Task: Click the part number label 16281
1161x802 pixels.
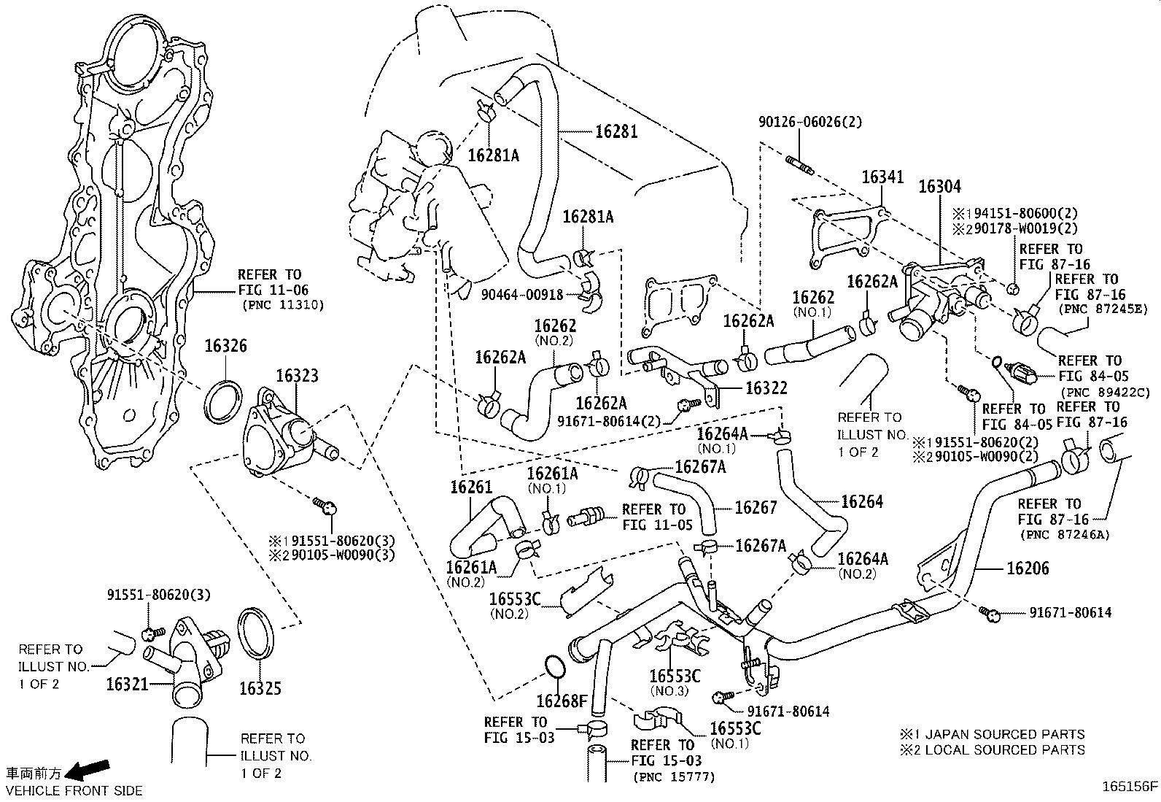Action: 616,131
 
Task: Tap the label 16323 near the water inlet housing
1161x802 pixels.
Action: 297,376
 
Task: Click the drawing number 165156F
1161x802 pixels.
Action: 1130,787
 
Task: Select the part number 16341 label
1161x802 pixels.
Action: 882,177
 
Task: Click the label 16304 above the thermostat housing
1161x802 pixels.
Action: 939,186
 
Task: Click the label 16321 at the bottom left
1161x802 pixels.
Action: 127,684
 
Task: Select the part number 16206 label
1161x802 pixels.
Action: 1028,568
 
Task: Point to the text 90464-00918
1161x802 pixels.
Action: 521,295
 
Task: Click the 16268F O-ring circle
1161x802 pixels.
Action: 555,667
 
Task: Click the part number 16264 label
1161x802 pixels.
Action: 861,501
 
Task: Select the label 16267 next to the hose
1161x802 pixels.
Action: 756,507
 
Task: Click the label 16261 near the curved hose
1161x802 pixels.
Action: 471,487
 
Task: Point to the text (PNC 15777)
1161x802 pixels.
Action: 674,778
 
